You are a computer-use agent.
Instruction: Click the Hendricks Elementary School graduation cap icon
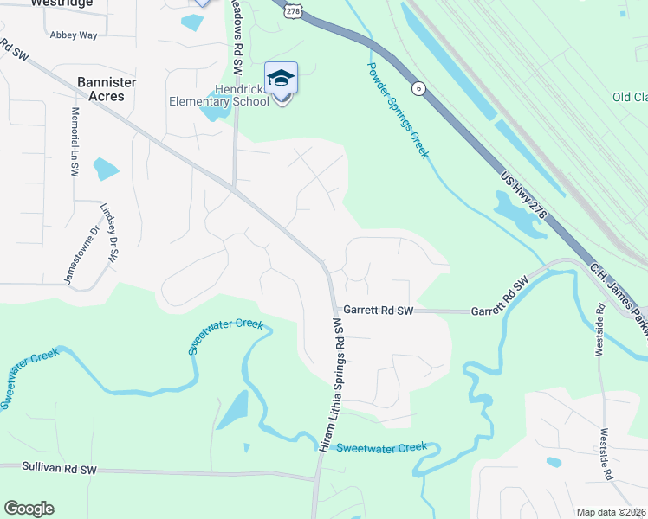(281, 80)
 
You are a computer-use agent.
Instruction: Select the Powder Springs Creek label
(397, 110)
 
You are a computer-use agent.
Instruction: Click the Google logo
(29, 509)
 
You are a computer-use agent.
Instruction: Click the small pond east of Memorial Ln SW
(106, 168)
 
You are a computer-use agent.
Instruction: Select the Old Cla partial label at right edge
(629, 97)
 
